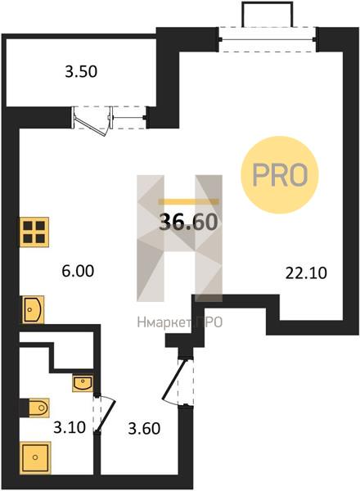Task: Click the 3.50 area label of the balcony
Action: coord(81,72)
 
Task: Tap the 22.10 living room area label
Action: coord(306,273)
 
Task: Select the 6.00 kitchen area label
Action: coord(78,271)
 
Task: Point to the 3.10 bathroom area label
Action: coord(70,427)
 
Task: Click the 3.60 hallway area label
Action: coord(144,428)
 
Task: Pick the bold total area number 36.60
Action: coord(188,222)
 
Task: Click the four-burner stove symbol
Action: coord(34,232)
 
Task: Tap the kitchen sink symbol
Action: coord(33,309)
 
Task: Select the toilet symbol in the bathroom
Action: coord(35,408)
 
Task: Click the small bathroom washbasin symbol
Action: coord(83,383)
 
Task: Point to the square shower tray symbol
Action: coord(35,457)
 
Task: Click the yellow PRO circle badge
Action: coord(280,175)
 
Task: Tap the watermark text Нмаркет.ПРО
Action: coord(180,322)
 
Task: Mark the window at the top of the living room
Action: coord(268,39)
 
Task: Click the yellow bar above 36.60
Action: coord(188,201)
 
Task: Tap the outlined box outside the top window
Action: coord(267,15)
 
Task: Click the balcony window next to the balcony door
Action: coord(128,118)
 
